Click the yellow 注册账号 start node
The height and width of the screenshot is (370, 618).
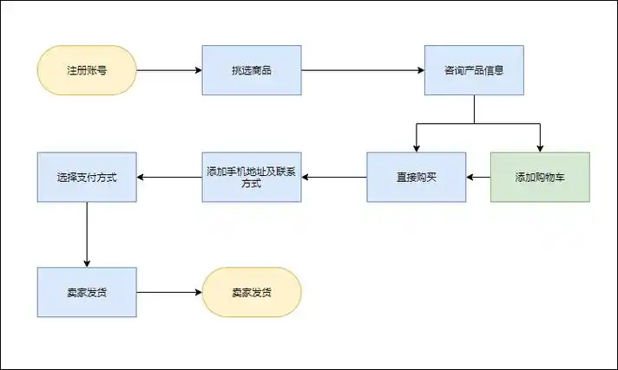click(x=87, y=70)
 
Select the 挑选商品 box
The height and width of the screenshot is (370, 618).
click(x=252, y=70)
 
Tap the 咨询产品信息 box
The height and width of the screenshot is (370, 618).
click(x=474, y=70)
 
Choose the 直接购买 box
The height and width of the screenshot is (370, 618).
click(x=416, y=177)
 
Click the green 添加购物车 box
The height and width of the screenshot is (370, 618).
click(x=540, y=177)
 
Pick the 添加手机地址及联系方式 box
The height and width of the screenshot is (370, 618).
click(x=252, y=177)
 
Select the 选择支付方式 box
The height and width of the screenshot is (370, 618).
click(x=87, y=177)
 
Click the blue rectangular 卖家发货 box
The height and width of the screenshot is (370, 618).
click(x=87, y=292)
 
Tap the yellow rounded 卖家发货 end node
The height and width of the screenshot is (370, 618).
click(x=252, y=292)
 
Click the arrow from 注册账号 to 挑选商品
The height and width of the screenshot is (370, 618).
click(x=169, y=70)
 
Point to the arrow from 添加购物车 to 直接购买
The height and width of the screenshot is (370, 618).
click(x=478, y=177)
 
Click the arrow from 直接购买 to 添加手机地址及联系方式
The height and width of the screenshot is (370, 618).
click(x=334, y=177)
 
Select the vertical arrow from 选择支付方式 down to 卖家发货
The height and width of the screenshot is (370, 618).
click(x=87, y=234)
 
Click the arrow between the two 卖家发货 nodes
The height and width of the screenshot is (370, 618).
click(x=169, y=292)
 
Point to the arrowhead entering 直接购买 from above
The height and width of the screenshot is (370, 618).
click(x=416, y=148)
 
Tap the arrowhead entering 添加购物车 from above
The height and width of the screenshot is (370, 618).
click(x=540, y=148)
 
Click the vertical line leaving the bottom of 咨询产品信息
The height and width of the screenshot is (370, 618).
click(x=474, y=109)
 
